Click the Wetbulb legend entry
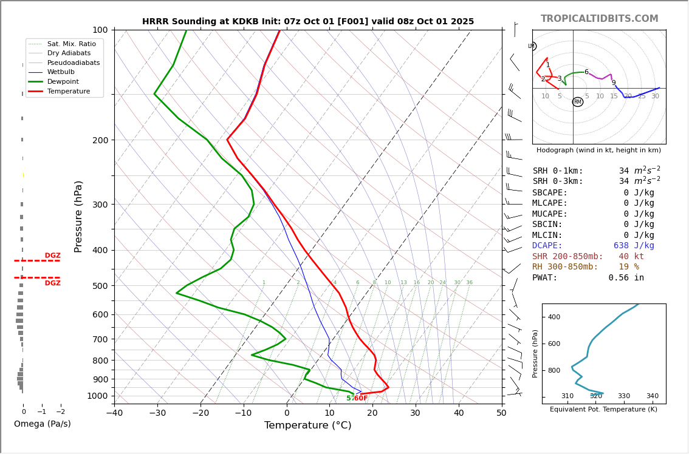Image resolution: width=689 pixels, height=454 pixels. (x=61, y=72)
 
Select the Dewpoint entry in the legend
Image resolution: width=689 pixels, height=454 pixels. (x=63, y=81)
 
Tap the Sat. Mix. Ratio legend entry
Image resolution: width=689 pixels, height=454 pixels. (x=72, y=44)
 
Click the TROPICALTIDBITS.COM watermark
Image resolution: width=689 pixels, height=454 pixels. (x=599, y=19)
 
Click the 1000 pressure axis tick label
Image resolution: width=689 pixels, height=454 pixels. (x=97, y=396)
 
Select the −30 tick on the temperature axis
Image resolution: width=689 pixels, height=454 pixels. (x=157, y=413)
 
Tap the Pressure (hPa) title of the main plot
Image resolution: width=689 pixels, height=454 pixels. (x=78, y=216)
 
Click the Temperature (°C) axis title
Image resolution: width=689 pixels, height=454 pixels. (x=307, y=425)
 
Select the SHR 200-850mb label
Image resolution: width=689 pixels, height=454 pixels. (x=567, y=257)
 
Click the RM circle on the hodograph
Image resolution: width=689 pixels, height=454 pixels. (x=578, y=102)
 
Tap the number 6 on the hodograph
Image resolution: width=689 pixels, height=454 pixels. (x=586, y=72)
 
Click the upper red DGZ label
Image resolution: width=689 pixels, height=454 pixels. (x=53, y=256)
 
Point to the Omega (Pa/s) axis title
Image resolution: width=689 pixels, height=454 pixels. (x=42, y=424)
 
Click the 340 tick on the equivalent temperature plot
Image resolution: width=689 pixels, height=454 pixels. (x=652, y=396)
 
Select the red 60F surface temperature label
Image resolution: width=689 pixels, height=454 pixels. (x=360, y=398)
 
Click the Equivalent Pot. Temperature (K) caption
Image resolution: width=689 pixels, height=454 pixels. (x=603, y=410)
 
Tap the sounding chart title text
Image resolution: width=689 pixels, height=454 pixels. (x=308, y=22)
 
